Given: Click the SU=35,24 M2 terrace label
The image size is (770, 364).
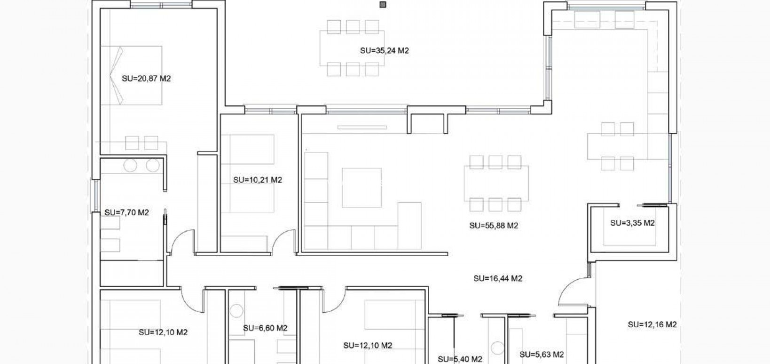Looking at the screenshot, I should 384,51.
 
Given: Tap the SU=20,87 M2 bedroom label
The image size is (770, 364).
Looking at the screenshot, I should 146,79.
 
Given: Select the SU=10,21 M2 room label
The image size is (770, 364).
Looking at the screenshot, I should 258,180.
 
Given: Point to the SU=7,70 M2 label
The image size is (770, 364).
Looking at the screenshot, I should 126,213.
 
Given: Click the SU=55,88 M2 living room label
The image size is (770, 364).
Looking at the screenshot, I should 494,226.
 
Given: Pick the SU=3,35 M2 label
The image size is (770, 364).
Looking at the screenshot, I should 632,223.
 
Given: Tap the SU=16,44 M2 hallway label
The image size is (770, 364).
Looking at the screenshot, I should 498,279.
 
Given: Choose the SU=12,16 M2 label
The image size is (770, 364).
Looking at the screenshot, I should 652,325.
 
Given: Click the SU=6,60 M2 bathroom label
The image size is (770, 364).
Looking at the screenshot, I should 265,328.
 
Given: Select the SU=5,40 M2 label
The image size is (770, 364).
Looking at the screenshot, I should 460,359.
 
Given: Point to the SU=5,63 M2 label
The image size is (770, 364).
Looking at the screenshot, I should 542,355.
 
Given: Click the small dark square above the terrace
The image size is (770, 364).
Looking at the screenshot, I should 383,5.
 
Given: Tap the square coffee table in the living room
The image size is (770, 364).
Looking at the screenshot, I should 361,187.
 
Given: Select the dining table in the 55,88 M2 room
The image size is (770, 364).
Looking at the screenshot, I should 496,183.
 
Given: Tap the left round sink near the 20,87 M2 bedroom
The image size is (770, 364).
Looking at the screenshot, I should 130,166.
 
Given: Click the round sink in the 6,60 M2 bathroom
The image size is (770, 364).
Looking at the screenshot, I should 236,312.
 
